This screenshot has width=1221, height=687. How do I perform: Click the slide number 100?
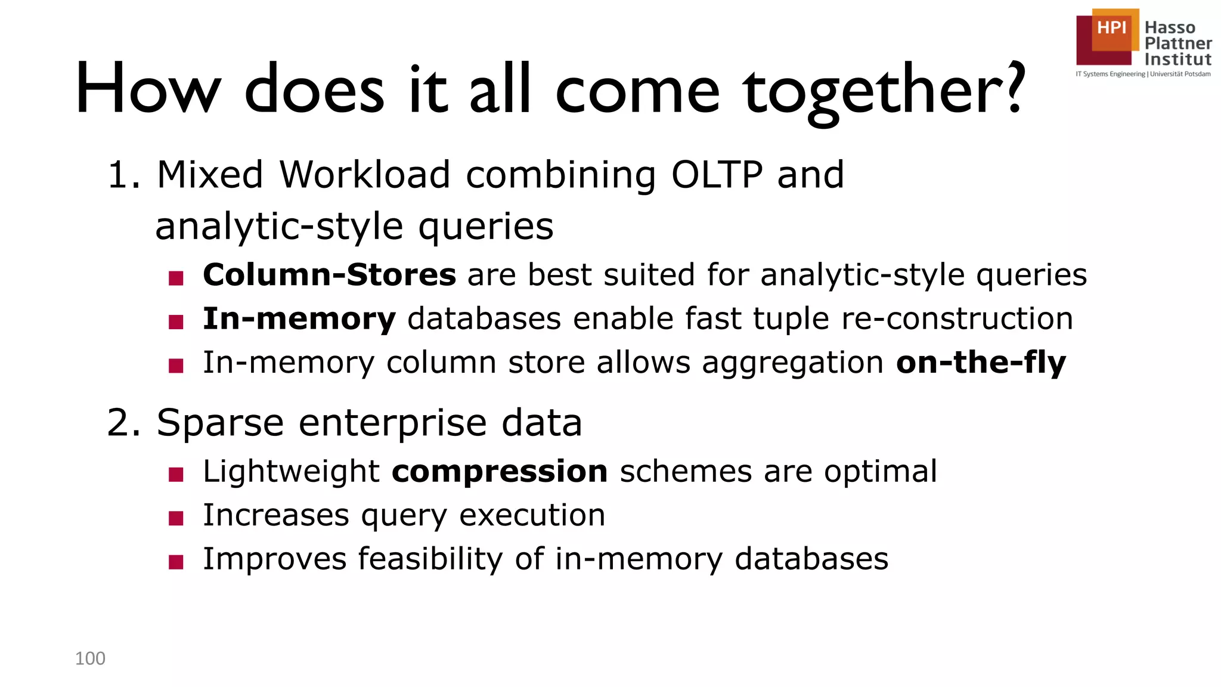[90, 658]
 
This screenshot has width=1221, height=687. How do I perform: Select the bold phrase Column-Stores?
[329, 275]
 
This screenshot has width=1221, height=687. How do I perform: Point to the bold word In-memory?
[299, 318]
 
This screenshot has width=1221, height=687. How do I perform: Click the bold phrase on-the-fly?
[981, 363]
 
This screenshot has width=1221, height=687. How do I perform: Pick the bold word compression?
[500, 472]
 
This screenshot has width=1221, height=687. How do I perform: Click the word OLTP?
[717, 175]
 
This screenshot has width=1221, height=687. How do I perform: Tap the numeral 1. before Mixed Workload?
[123, 175]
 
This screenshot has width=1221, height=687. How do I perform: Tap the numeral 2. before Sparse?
[123, 423]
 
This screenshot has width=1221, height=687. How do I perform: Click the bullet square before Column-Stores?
[176, 278]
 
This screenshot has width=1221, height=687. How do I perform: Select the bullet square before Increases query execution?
[176, 518]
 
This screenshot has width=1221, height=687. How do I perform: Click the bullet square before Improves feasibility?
[176, 562]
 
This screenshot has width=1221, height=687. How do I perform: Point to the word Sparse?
[220, 423]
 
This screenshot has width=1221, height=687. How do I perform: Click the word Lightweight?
[291, 472]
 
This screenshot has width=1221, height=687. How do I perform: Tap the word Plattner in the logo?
[1178, 44]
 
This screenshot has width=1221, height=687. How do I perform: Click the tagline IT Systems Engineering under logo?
[1110, 75]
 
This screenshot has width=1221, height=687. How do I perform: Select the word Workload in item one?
[364, 175]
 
